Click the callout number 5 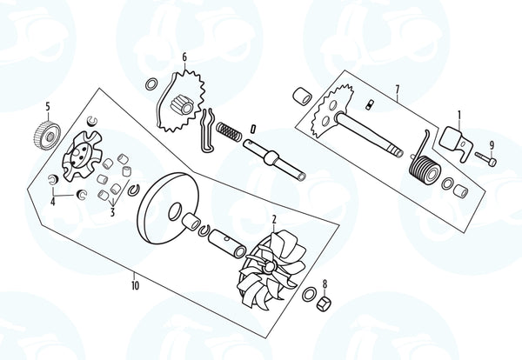click(x=48, y=107)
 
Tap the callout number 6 click(x=184, y=57)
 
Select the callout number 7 click(x=398, y=90)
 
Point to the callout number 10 click(x=135, y=285)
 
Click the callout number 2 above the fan click(x=274, y=220)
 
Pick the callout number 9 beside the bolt click(x=492, y=145)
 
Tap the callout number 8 click(x=325, y=283)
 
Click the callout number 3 click(x=112, y=211)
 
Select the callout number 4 click(x=52, y=201)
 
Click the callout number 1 click(x=459, y=116)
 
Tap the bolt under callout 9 click(x=486, y=158)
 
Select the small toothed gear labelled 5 click(x=47, y=135)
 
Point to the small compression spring click(x=228, y=131)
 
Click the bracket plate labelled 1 click(x=455, y=142)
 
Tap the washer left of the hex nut click(x=309, y=294)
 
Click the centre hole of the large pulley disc click(x=175, y=211)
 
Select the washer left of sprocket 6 click(x=151, y=84)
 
